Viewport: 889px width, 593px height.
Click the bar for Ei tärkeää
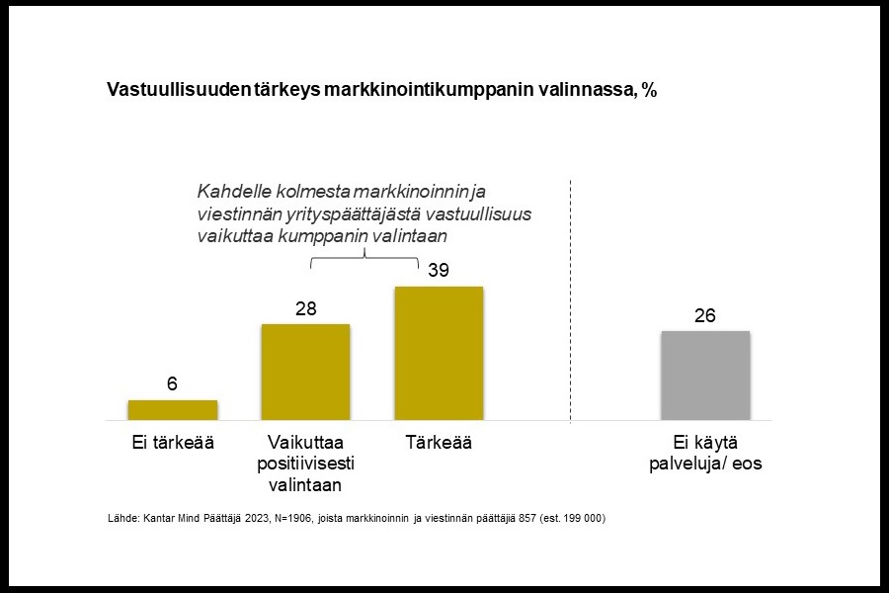[172, 410]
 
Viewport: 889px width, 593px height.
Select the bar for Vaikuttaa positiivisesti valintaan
[305, 372]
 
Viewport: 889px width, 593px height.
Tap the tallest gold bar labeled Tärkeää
[439, 353]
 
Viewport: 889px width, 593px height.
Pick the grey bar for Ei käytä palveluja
[705, 376]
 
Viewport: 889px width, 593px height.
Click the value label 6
[172, 383]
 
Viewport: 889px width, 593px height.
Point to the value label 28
[305, 308]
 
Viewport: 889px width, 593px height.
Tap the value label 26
[705, 315]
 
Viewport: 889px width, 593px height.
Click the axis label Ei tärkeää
[173, 443]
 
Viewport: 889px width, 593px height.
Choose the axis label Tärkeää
[439, 443]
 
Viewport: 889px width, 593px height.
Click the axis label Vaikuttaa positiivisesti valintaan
[305, 464]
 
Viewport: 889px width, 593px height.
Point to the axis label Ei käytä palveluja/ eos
[705, 454]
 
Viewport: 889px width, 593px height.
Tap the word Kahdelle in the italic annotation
[232, 191]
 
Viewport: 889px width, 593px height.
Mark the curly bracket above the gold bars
[365, 258]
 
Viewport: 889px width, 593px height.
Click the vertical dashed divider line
[572, 296]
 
